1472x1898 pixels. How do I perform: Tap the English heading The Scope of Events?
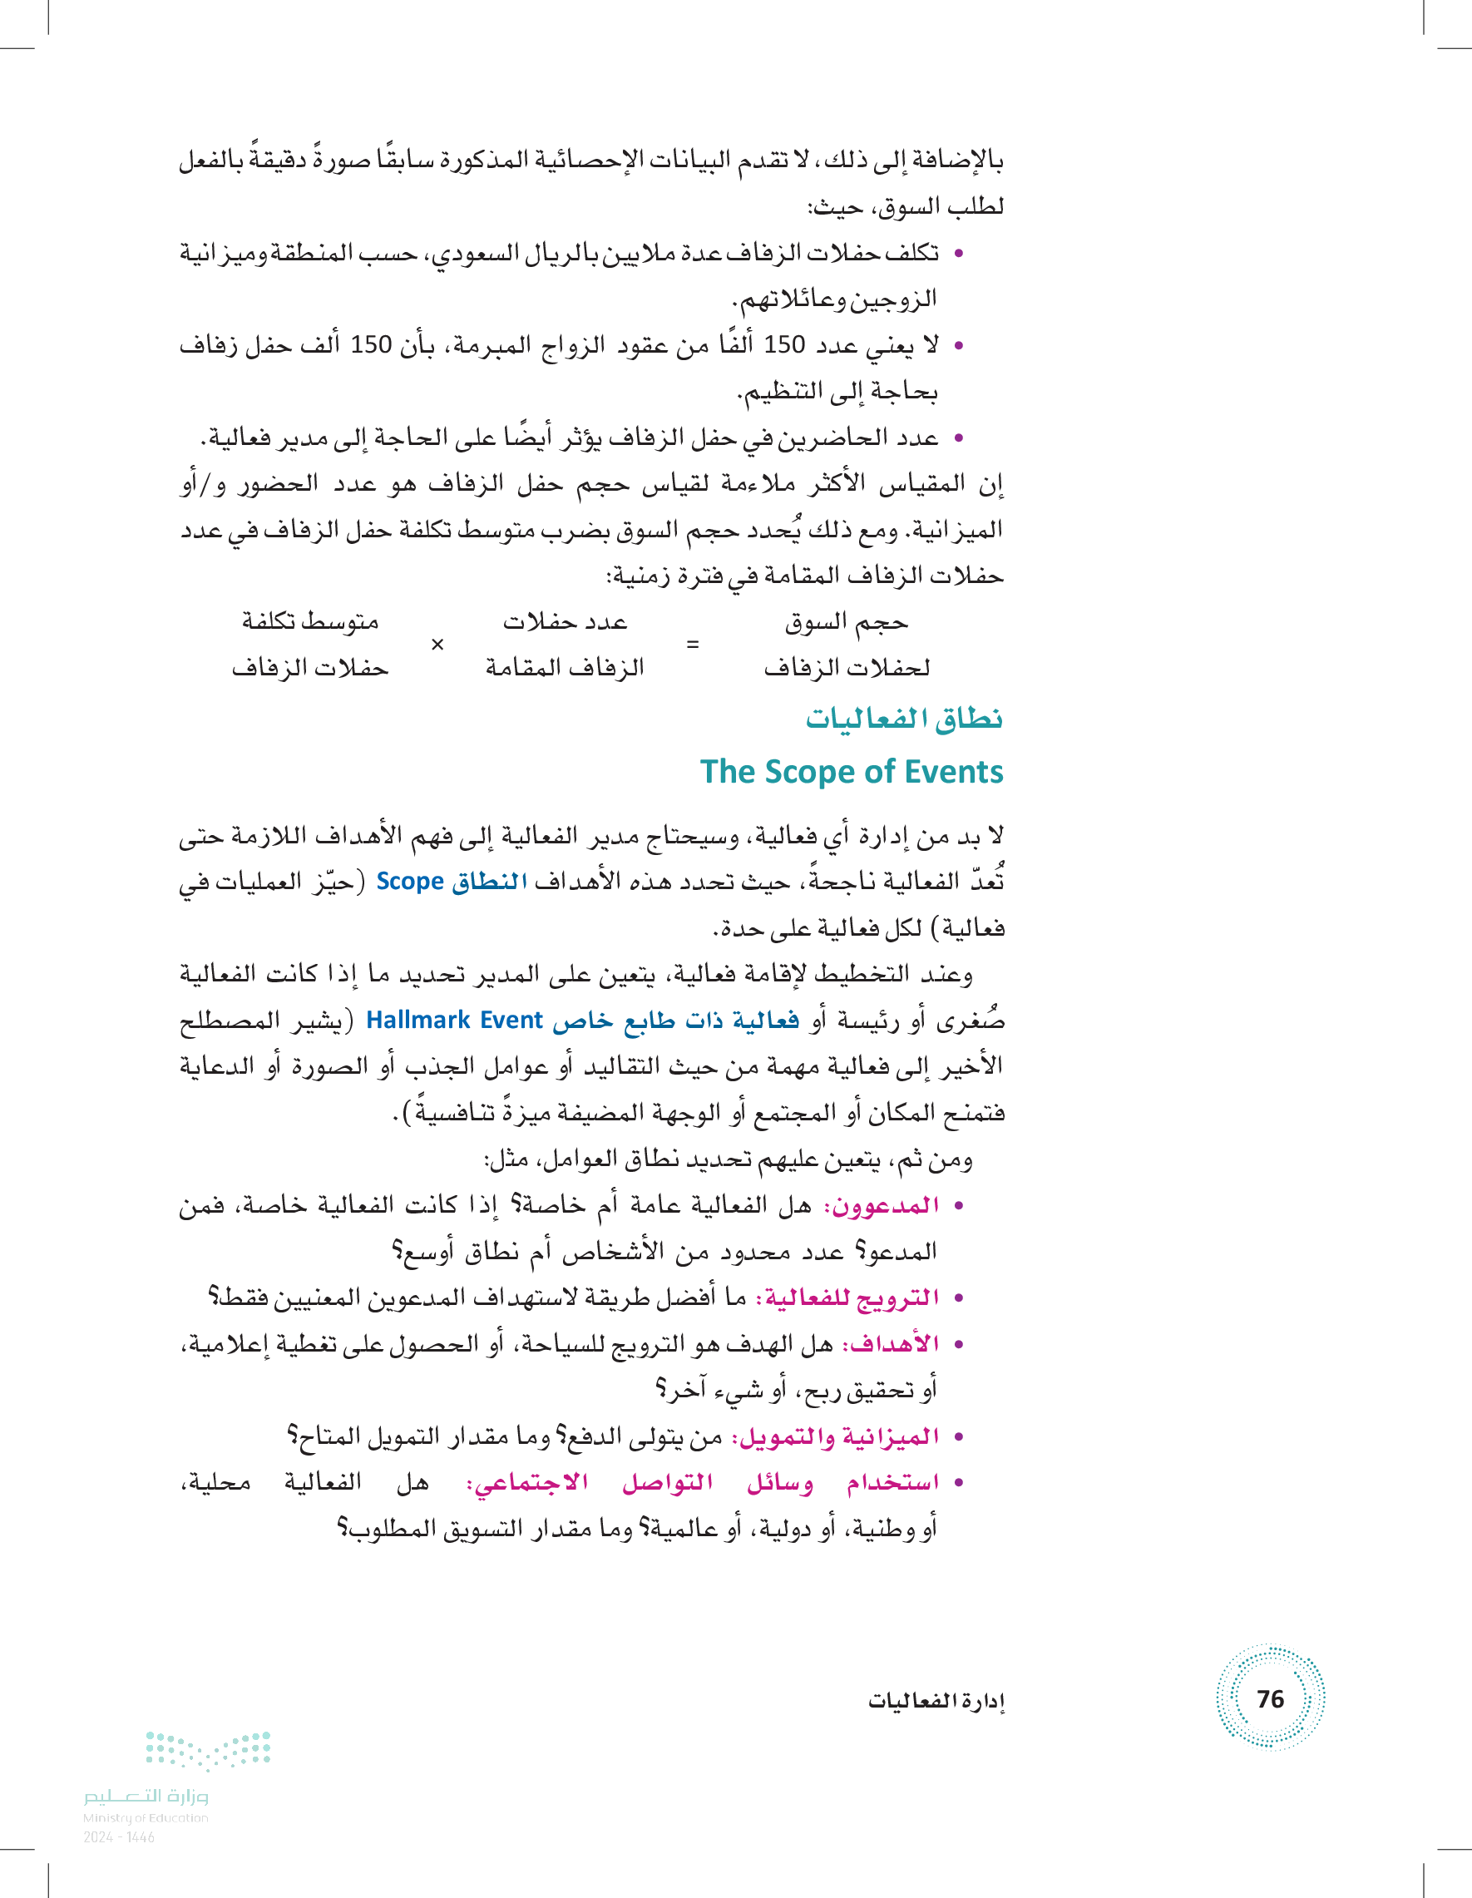852,772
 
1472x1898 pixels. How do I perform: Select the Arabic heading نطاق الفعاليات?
904,719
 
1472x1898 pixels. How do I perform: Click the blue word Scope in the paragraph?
410,882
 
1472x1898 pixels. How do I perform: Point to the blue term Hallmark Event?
453,1020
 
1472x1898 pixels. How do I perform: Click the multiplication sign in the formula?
437,644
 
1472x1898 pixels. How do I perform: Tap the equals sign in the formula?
693,644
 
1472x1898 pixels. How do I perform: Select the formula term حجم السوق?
846,621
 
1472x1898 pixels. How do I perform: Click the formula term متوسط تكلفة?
310,621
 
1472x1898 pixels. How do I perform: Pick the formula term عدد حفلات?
565,621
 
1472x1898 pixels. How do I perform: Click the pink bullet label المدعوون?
881,1205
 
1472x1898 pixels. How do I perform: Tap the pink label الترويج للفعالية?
847,1297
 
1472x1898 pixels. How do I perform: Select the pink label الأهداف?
891,1343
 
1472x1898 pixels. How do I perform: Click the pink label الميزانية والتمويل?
835,1436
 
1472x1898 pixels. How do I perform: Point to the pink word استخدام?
893,1483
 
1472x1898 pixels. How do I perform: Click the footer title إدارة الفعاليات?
936,1701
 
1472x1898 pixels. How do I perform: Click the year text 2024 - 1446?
119,1837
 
